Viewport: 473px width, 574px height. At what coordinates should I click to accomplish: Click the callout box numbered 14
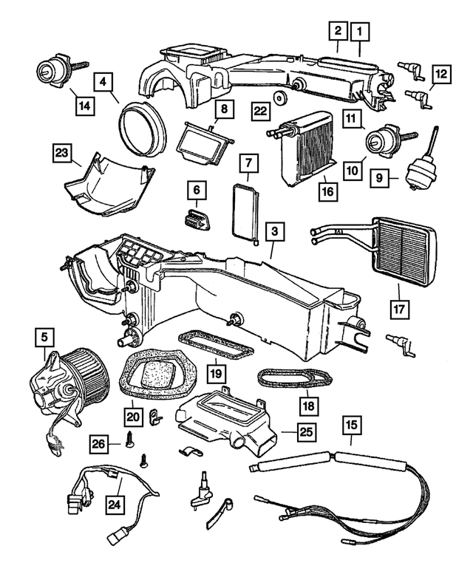(84, 105)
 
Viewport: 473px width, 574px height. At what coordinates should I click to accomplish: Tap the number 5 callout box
(46, 338)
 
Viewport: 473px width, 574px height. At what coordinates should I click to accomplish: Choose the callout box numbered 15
(351, 425)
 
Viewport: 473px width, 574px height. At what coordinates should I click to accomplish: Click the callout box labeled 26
(99, 443)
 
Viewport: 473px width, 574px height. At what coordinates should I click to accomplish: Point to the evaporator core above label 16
(306, 148)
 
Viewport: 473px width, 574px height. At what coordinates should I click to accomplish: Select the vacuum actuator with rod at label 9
(418, 170)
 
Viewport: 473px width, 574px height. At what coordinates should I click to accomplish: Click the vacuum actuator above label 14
(53, 72)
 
